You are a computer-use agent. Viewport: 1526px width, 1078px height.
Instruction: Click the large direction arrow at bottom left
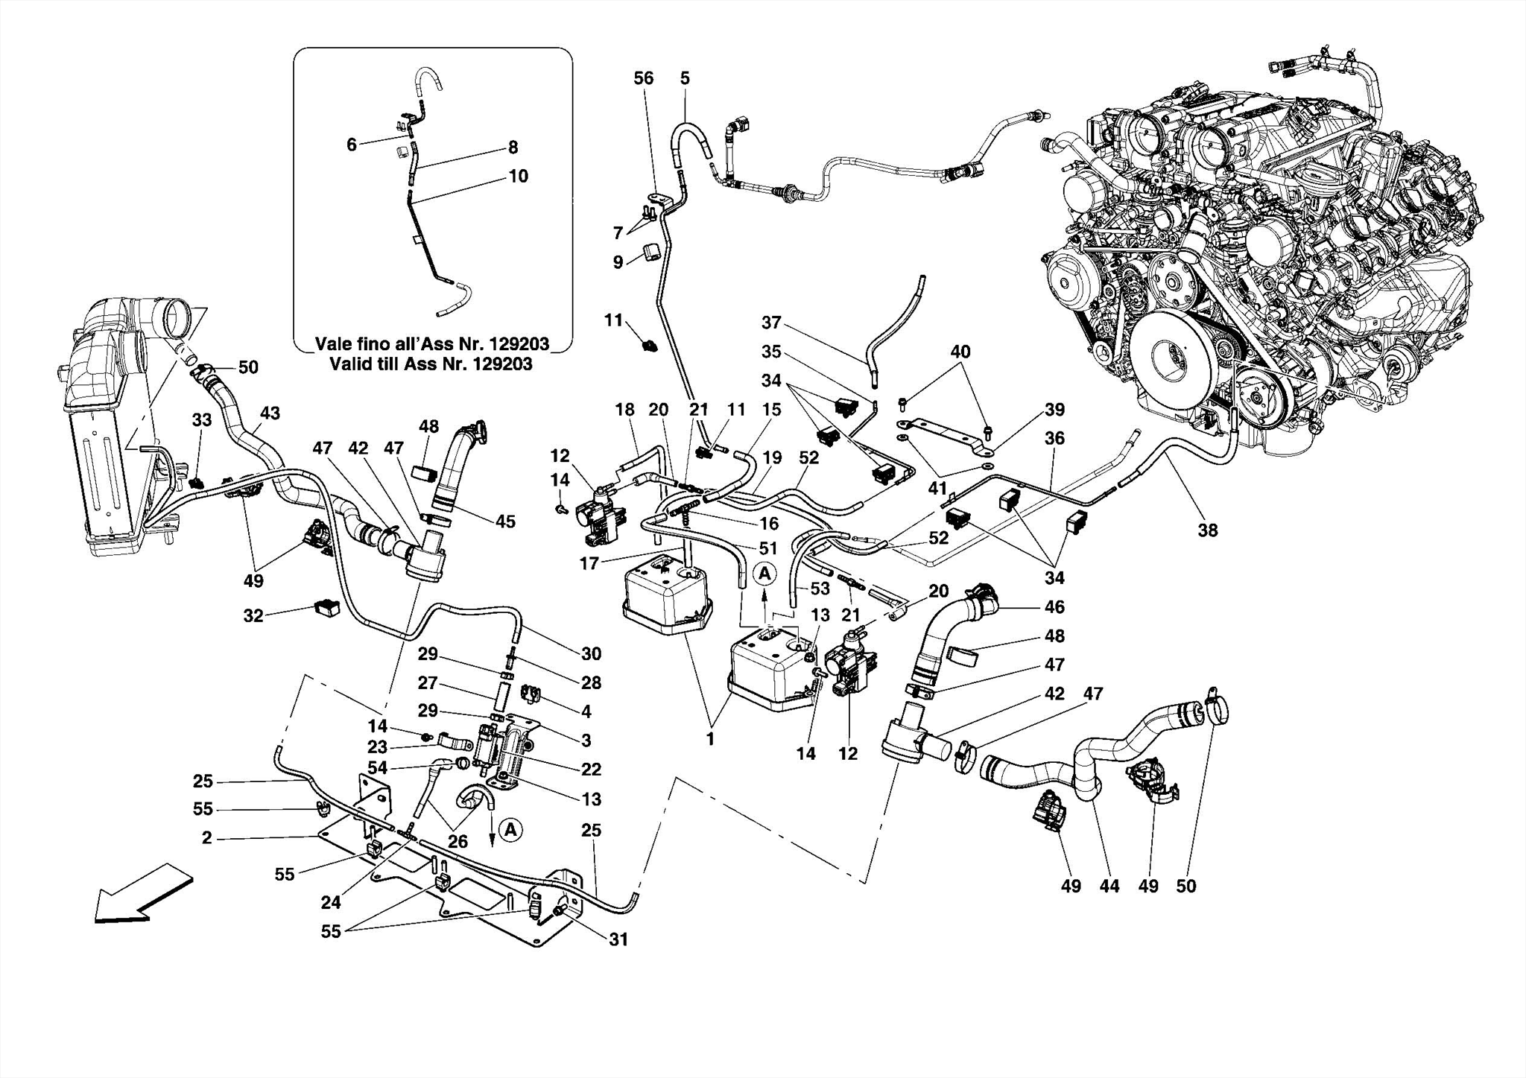pos(142,895)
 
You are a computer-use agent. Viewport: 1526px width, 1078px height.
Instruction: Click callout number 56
pos(643,78)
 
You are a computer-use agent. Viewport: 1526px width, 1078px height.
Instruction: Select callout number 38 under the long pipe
pos(1208,530)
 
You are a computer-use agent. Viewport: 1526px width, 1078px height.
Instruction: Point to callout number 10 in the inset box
pos(518,176)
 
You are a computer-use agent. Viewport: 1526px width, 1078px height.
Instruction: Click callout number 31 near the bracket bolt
pos(618,940)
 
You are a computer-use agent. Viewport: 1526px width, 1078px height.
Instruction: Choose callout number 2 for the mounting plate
pos(206,838)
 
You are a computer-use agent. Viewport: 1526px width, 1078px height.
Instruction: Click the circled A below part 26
pos(510,829)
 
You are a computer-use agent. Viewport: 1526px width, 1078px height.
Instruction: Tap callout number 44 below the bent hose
pos(1109,887)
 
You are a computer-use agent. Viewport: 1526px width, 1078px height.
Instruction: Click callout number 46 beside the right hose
pos(1054,607)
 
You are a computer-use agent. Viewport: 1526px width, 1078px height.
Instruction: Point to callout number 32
pos(253,616)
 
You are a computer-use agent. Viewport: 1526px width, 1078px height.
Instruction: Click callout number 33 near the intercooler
pos(202,420)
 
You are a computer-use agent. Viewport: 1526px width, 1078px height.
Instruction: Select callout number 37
pos(771,323)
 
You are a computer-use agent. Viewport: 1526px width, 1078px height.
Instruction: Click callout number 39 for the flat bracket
pos(1054,410)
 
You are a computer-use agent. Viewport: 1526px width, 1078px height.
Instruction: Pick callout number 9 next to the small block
pos(618,263)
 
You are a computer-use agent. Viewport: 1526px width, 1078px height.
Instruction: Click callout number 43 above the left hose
pos(270,413)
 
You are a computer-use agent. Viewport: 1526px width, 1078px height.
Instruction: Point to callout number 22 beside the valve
pos(591,769)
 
